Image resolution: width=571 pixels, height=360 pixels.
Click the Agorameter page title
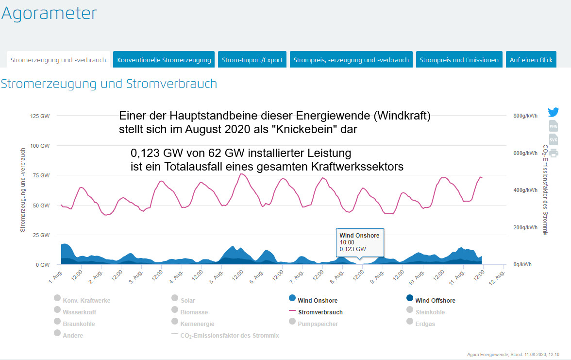49,14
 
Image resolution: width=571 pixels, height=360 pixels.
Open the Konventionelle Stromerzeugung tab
164,60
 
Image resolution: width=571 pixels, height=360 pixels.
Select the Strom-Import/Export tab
252,60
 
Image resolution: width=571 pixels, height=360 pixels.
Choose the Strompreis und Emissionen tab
459,60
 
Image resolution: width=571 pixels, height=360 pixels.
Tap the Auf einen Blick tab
531,60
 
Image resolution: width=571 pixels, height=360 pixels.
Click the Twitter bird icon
554,112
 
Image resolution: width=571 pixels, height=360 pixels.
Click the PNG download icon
554,126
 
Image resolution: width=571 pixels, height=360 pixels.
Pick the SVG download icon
554,139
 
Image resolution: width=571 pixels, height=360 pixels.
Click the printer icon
554,153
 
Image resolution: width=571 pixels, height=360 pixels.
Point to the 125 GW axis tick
40,116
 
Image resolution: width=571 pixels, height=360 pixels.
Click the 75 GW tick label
41,175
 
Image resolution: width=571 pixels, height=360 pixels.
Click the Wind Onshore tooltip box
359,242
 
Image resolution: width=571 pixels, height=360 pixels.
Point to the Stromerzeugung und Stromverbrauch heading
109,84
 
